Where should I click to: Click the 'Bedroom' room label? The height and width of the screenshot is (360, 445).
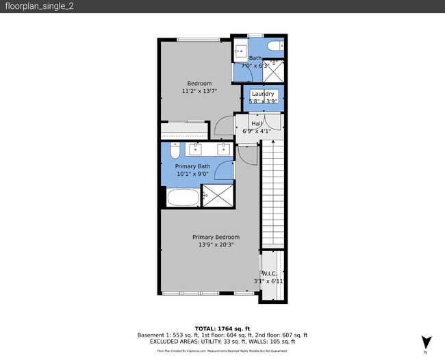[x=194, y=83]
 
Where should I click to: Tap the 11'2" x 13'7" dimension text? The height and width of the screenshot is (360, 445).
[x=194, y=91]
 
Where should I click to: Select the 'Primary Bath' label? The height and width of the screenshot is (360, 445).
[x=192, y=166]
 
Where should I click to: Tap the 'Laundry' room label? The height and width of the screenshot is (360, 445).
[x=263, y=94]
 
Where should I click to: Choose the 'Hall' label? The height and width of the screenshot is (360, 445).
[x=256, y=123]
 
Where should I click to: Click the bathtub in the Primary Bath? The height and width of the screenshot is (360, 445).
[x=183, y=198]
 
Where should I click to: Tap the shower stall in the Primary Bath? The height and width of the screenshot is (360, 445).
[x=218, y=196]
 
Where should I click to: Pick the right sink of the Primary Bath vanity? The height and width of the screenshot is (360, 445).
[x=223, y=149]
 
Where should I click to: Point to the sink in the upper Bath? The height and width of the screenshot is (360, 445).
[x=241, y=51]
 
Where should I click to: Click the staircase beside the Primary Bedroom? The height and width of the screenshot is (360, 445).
[x=274, y=192]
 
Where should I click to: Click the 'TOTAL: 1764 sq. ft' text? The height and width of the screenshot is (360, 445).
[x=222, y=328]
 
